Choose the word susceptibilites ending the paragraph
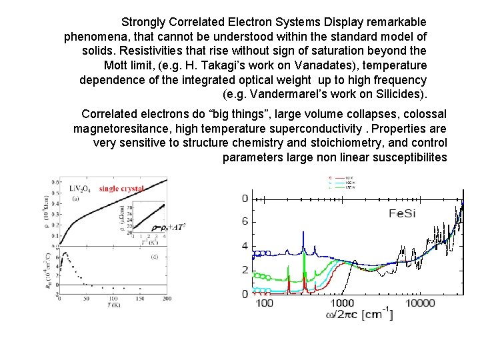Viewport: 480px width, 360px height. tap(403, 158)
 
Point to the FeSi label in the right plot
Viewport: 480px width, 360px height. tap(405, 214)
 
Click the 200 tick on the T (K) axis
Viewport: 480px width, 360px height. tap(167, 298)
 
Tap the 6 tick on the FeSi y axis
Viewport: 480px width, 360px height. tap(244, 221)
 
